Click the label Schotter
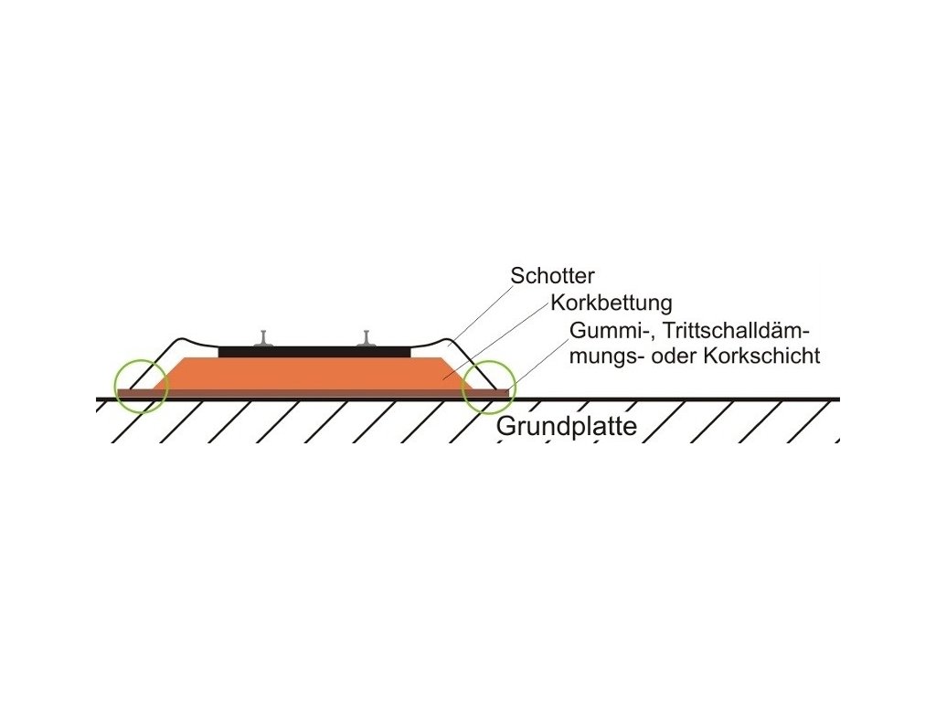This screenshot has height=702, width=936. [x=552, y=275]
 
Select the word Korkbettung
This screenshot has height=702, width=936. [x=612, y=303]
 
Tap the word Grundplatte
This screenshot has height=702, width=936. [x=566, y=427]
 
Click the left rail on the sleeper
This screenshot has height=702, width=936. [x=263, y=338]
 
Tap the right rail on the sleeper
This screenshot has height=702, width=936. [x=367, y=338]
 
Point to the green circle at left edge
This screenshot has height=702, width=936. [x=141, y=386]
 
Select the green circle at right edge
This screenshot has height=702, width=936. [x=489, y=387]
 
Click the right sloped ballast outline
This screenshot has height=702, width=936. [x=475, y=362]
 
